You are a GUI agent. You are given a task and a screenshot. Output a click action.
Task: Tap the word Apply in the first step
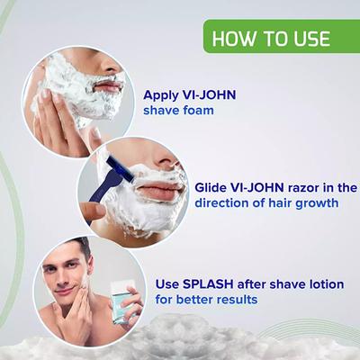tap(163, 94)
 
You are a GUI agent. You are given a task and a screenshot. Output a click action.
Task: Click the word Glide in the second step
tap(213, 188)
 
